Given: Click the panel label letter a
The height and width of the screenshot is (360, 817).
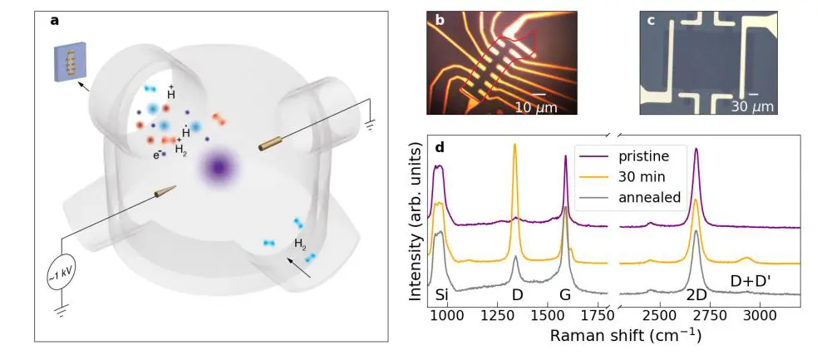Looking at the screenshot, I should (56, 22).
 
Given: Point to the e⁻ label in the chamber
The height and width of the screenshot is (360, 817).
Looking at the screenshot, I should (158, 154).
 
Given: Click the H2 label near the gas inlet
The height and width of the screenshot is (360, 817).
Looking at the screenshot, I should (301, 244).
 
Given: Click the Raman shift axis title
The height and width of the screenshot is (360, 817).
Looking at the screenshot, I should (614, 337).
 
